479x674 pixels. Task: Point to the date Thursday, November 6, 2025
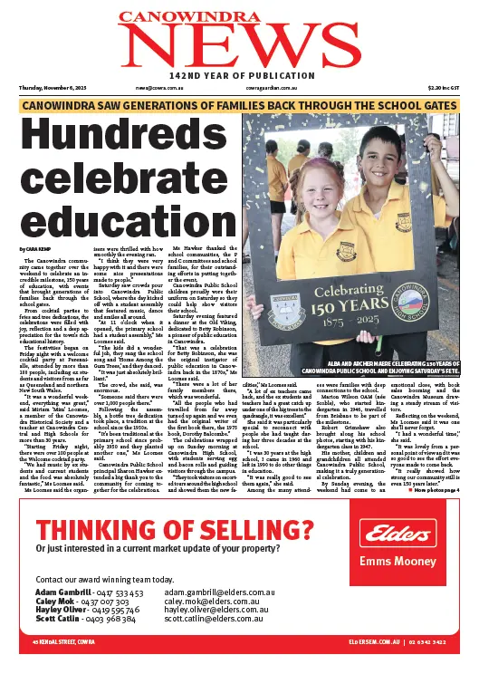53,88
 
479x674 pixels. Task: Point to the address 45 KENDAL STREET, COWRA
65,666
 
